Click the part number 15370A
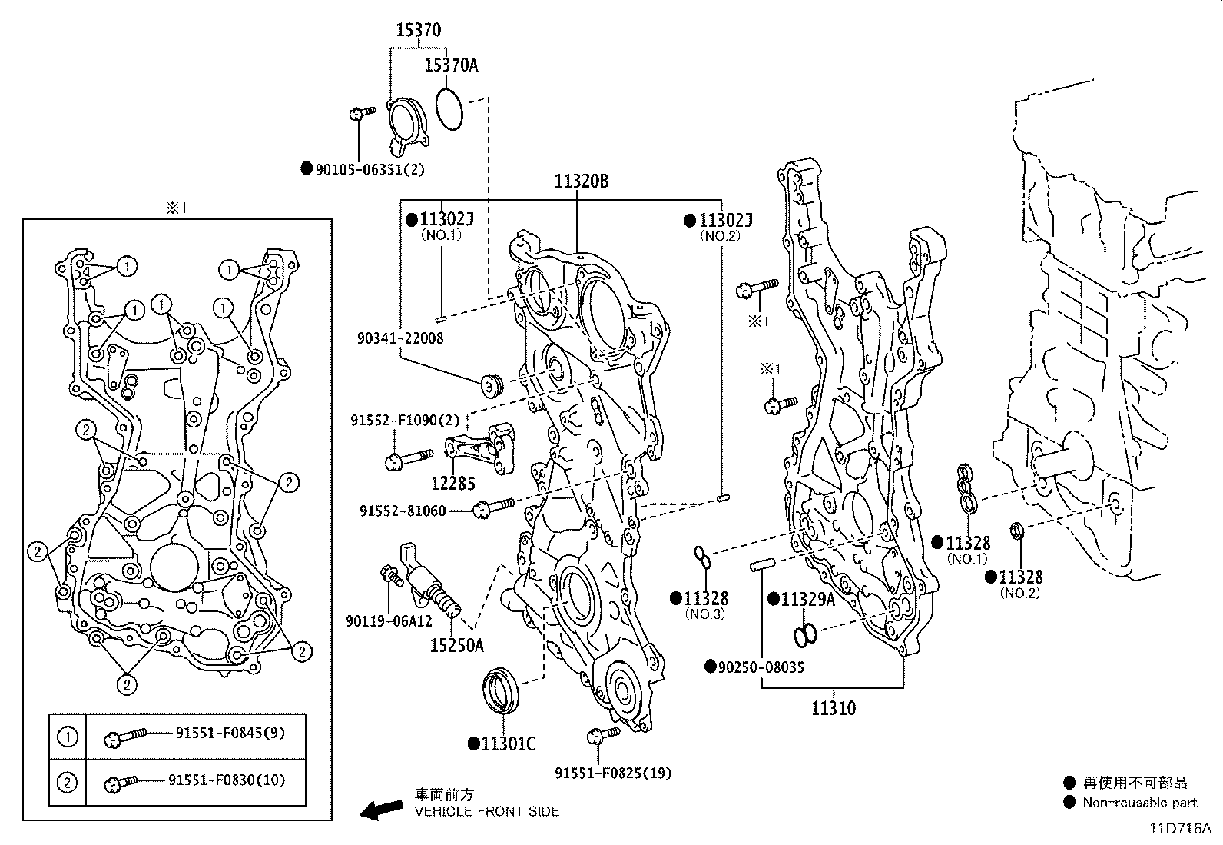coord(451,65)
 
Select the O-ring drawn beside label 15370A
coord(449,108)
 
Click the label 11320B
coord(582,181)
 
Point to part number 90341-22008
coord(399,338)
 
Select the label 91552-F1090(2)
coord(405,421)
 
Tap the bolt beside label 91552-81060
coord(494,506)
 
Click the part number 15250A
coord(456,646)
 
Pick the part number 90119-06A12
coord(389,620)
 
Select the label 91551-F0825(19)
coord(613,773)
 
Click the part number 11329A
coord(807,600)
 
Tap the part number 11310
coord(834,707)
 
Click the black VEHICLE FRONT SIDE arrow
coord(382,808)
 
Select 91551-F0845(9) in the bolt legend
coord(228,733)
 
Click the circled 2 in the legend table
coord(68,783)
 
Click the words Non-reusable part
coord(1139,803)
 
